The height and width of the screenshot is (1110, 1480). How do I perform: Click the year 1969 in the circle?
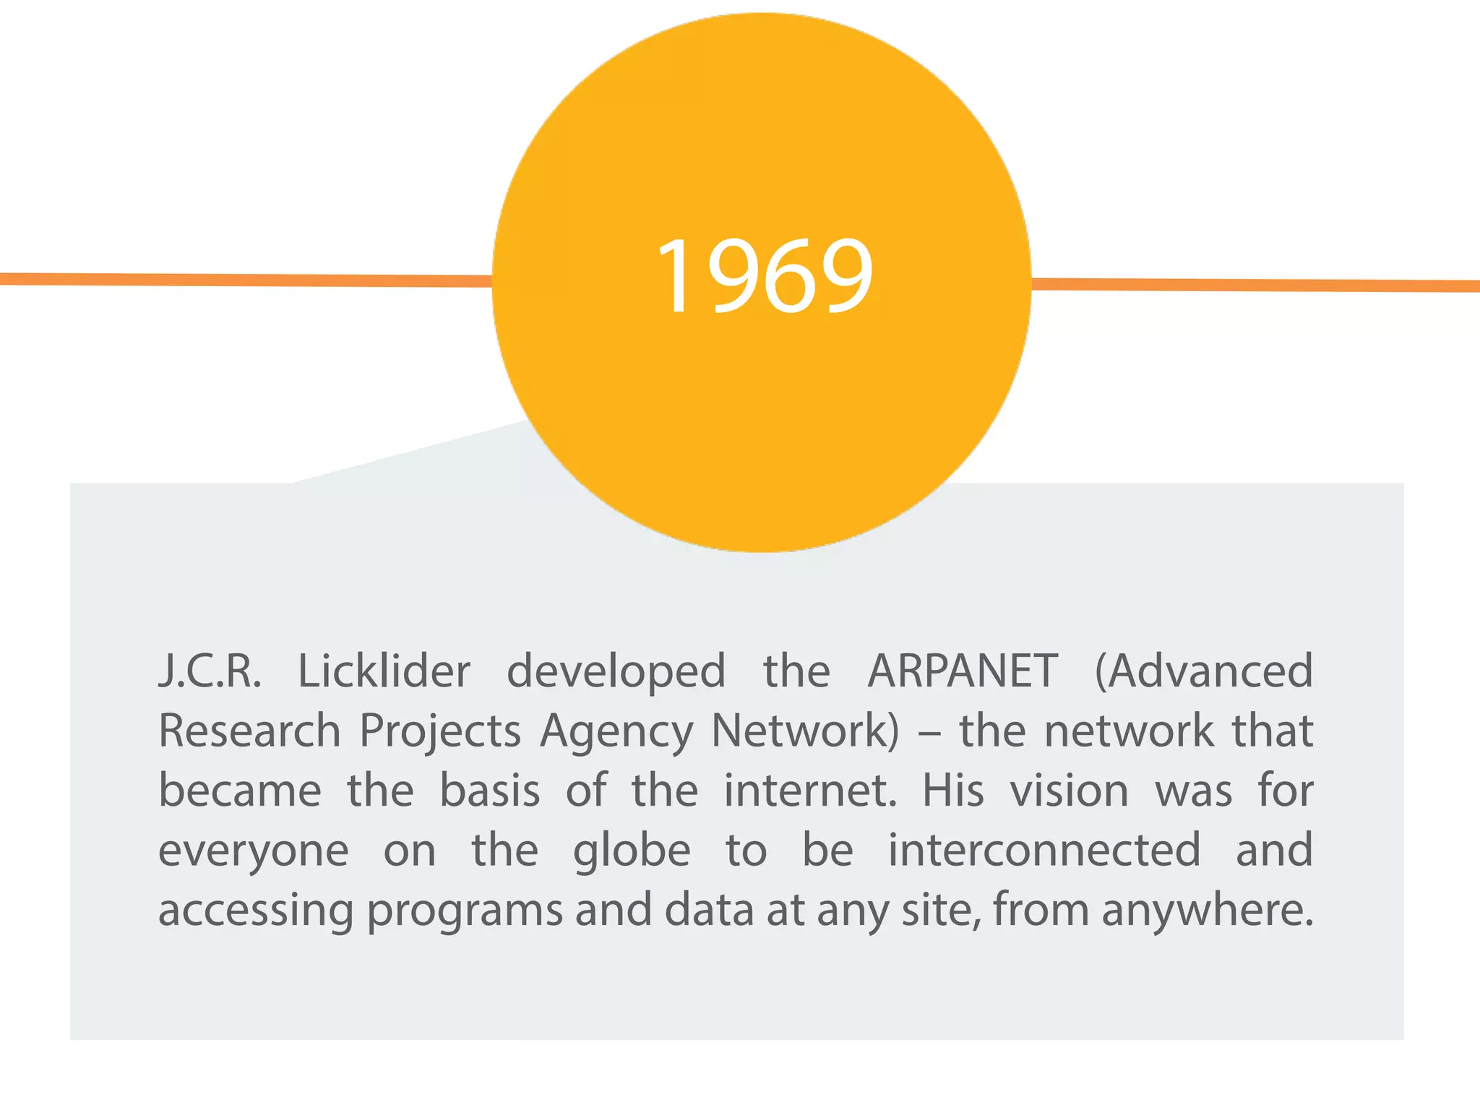pos(765,277)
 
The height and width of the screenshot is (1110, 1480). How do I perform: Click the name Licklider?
pos(384,671)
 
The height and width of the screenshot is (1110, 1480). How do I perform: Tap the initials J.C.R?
pos(210,671)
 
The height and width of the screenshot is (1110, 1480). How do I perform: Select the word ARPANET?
pos(963,671)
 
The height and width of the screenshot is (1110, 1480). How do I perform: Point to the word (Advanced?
pos(1204,671)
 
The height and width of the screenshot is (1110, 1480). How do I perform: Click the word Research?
pos(249,731)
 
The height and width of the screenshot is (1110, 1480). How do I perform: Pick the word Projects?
pos(440,732)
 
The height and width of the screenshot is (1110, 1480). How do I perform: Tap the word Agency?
pos(616,732)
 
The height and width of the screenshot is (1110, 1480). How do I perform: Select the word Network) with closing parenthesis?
pos(806,731)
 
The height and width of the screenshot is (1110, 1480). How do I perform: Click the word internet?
pos(810,791)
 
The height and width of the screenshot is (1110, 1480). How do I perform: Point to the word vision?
pos(1070,791)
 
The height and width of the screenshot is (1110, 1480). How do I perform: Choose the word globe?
pos(632,852)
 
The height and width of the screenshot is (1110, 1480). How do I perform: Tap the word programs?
pos(465,912)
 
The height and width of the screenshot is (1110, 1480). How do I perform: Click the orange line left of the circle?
pos(246,280)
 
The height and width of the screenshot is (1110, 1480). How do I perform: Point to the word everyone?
pos(254,852)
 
